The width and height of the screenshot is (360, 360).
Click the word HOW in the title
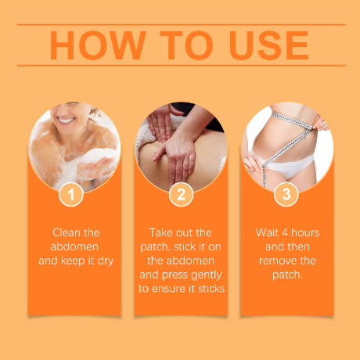tap(98, 45)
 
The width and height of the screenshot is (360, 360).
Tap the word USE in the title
tap(269, 45)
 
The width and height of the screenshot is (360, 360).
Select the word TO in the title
tap(186, 45)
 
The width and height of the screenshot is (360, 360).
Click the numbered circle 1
tap(71, 194)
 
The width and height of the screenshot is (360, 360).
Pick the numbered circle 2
tap(181, 194)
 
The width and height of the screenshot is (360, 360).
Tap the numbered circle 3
tap(286, 194)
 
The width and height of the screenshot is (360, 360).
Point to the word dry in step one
tap(106, 261)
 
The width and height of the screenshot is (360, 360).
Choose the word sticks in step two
tap(211, 289)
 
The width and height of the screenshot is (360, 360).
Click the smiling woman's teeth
tap(66, 121)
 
